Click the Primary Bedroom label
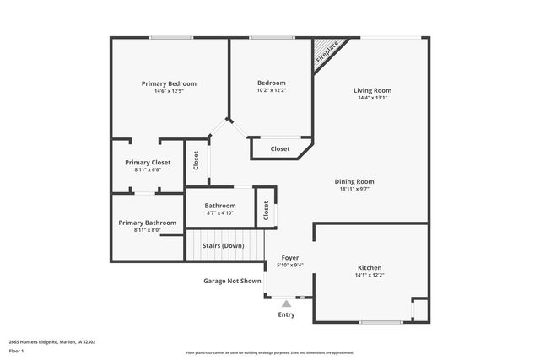tap(169, 83)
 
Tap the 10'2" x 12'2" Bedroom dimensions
tap(272, 90)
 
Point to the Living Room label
tap(372, 90)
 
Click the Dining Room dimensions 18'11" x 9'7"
tap(354, 189)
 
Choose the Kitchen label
tap(370, 267)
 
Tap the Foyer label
tap(289, 257)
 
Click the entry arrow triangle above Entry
tap(287, 304)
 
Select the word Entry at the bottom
tap(287, 314)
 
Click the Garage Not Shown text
tap(232, 281)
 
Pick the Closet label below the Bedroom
tap(280, 149)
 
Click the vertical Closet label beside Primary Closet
tap(196, 160)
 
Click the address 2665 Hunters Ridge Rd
tap(52, 341)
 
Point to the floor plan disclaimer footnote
tap(270, 352)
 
